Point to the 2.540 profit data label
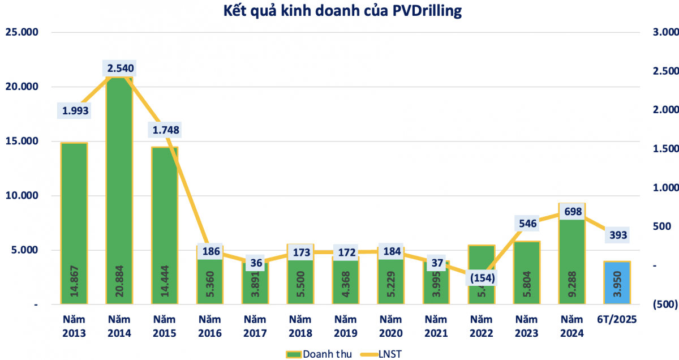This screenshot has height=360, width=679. [x=120, y=69]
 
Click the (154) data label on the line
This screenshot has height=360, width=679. [x=480, y=278]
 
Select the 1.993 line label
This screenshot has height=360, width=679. [x=75, y=110]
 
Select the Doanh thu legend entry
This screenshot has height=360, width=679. [x=320, y=354]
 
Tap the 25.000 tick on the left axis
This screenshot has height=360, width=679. [x=22, y=32]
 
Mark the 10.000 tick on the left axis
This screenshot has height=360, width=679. [x=22, y=196]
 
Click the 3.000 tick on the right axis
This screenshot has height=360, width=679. [x=665, y=32]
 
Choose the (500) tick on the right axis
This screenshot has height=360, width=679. [x=664, y=305]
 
